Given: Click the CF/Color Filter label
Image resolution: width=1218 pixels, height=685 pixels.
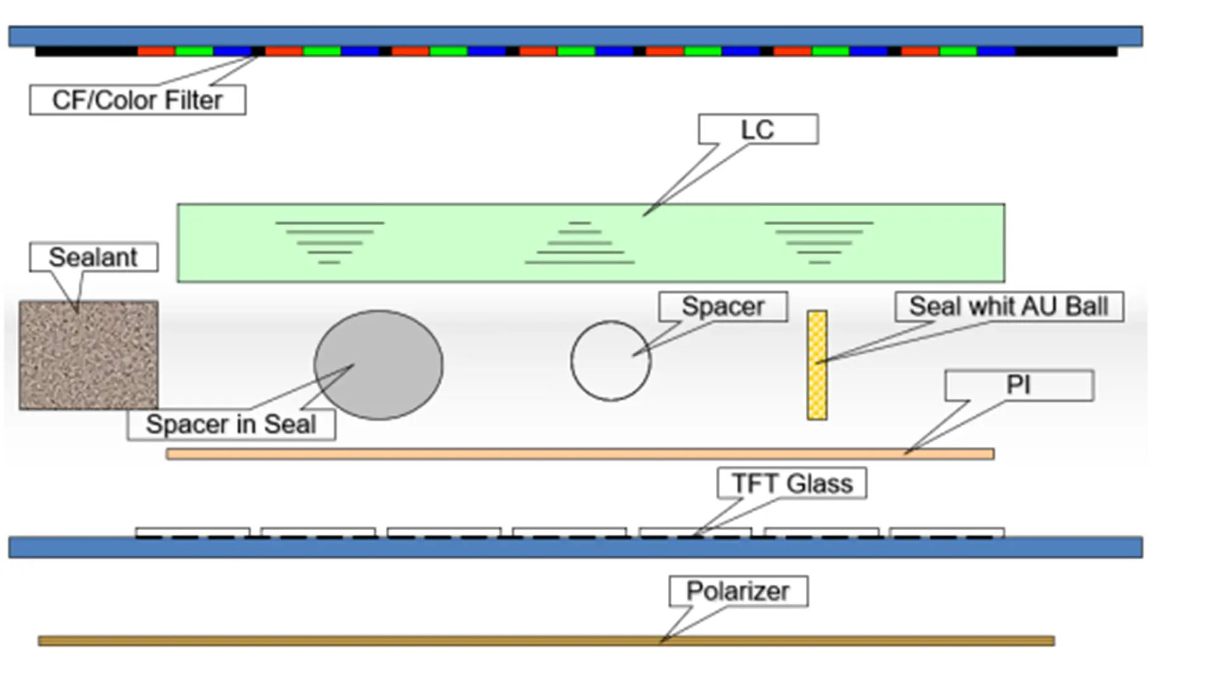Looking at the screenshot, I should [x=138, y=100].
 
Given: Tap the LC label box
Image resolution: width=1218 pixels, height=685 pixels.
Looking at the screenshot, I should [x=758, y=129].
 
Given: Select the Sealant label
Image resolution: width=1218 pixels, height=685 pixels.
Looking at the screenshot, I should [x=93, y=257].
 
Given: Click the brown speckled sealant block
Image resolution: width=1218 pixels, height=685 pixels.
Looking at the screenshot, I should [x=88, y=355].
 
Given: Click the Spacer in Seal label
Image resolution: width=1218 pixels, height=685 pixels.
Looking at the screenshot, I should [x=231, y=424].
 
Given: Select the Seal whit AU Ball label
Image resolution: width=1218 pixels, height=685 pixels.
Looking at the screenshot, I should [x=1009, y=306].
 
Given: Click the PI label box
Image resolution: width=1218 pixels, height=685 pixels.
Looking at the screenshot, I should [x=1019, y=385].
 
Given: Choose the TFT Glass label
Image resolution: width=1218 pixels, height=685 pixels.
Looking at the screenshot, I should [x=792, y=483].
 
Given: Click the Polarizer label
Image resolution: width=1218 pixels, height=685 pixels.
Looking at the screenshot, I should [x=738, y=591].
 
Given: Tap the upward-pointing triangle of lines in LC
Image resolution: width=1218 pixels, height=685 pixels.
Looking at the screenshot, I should [x=579, y=244].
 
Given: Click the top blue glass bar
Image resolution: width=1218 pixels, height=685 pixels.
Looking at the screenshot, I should [x=575, y=36].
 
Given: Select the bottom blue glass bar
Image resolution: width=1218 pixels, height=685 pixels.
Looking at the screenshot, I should [x=575, y=547].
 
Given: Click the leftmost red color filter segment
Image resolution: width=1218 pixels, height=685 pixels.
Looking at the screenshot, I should [x=156, y=51].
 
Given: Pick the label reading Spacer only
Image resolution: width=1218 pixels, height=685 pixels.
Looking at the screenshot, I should [x=723, y=306].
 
